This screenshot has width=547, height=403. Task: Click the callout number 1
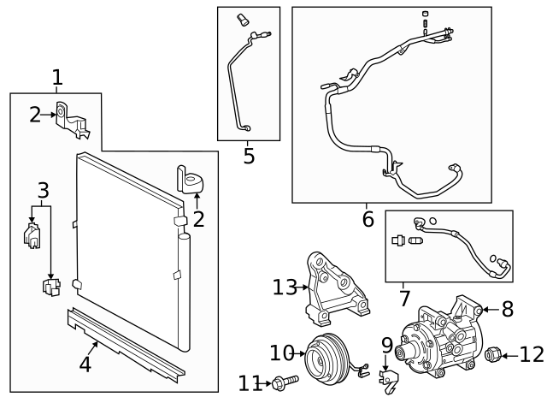(57, 79)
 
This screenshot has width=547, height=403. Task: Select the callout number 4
(85, 364)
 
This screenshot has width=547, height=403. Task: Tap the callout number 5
(249, 156)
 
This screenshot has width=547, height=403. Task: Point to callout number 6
(368, 218)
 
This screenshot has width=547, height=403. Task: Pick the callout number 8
(507, 309)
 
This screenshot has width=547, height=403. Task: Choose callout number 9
(386, 347)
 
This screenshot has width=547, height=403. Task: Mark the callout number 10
(282, 353)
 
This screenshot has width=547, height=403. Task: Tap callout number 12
(531, 353)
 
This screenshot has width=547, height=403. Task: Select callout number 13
(284, 287)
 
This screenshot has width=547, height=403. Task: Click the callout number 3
(42, 190)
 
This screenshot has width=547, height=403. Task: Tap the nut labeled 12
(493, 353)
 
